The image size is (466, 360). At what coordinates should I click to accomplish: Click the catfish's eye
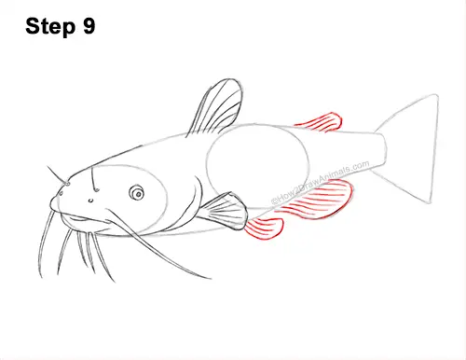click(x=137, y=193)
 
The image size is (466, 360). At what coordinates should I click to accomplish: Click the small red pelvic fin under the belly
click(x=264, y=229)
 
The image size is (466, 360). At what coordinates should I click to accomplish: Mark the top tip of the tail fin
click(x=435, y=95)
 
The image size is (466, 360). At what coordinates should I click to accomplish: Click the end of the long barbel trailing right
click(x=210, y=276)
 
